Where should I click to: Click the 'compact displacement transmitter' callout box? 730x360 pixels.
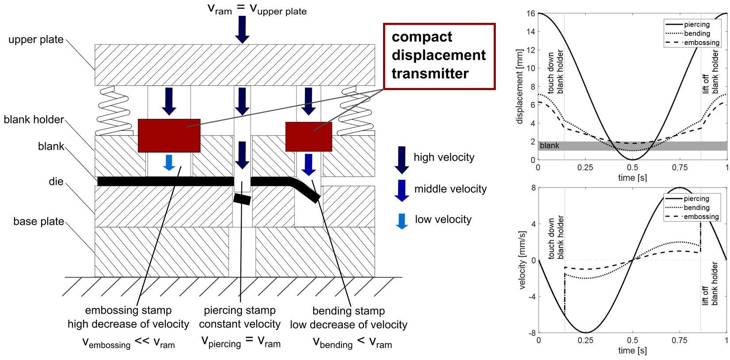point(439,56)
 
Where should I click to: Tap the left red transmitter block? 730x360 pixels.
point(169,136)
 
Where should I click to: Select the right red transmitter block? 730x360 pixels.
point(308,137)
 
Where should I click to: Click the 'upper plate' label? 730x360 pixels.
point(36,39)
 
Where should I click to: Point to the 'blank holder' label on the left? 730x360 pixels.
point(34,120)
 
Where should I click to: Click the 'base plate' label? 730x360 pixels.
point(39,221)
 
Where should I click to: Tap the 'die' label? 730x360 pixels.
point(56,182)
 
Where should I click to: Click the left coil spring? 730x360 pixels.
point(113,110)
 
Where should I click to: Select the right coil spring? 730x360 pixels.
point(356,110)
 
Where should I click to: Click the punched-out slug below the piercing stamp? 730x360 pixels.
point(242,199)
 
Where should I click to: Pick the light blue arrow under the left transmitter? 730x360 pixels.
point(169,163)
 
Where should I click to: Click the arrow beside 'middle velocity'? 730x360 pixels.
point(402,190)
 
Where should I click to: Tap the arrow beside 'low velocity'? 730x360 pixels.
point(402,221)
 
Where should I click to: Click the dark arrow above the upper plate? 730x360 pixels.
point(242,30)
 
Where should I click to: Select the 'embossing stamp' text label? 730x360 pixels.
point(128,310)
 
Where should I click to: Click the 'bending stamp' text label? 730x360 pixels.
point(348,311)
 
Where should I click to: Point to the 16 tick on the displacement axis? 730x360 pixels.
point(531,13)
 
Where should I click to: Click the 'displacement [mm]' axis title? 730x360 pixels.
point(520,87)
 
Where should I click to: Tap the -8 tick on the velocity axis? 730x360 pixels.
point(532,333)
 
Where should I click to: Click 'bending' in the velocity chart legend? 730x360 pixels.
point(696,208)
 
